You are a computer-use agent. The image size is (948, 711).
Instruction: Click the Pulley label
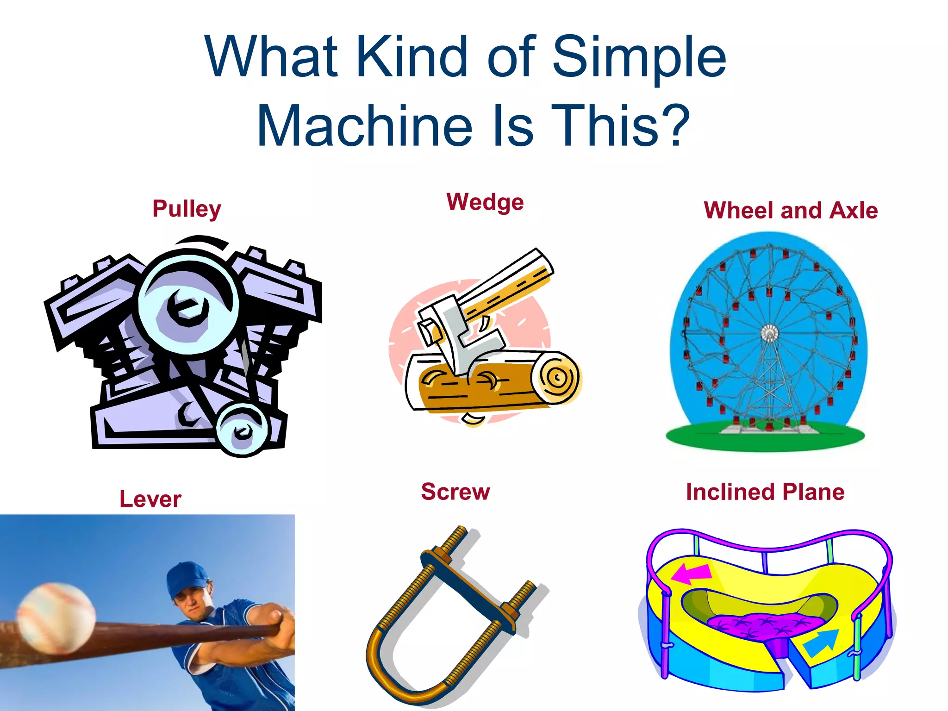187,209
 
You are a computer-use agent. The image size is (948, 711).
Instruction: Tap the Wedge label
485,202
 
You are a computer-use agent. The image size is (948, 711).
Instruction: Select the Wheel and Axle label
791,210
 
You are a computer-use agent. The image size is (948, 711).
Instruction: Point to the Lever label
150,499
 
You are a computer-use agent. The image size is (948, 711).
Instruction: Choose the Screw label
455,492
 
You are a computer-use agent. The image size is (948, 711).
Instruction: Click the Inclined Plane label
765,492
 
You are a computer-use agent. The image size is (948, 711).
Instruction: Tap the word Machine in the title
365,126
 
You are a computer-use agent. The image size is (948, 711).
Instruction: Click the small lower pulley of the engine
241,430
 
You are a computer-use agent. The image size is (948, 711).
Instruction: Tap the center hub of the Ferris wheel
769,333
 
